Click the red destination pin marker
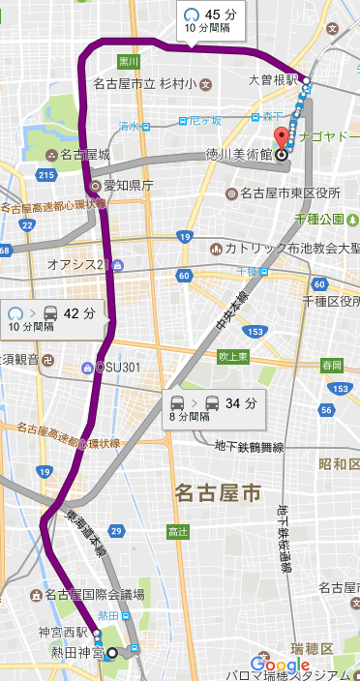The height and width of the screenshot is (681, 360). [282, 138]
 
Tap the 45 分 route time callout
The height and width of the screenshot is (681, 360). [211, 20]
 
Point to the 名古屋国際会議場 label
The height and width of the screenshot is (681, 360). [92, 594]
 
